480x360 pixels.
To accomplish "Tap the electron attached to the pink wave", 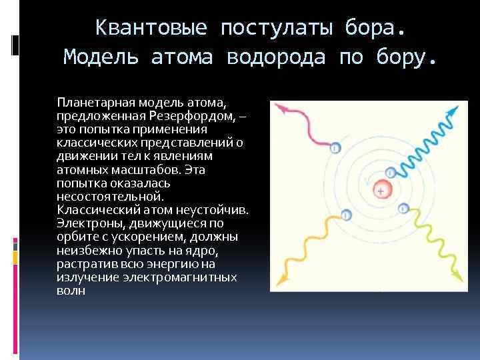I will click(335, 148).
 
